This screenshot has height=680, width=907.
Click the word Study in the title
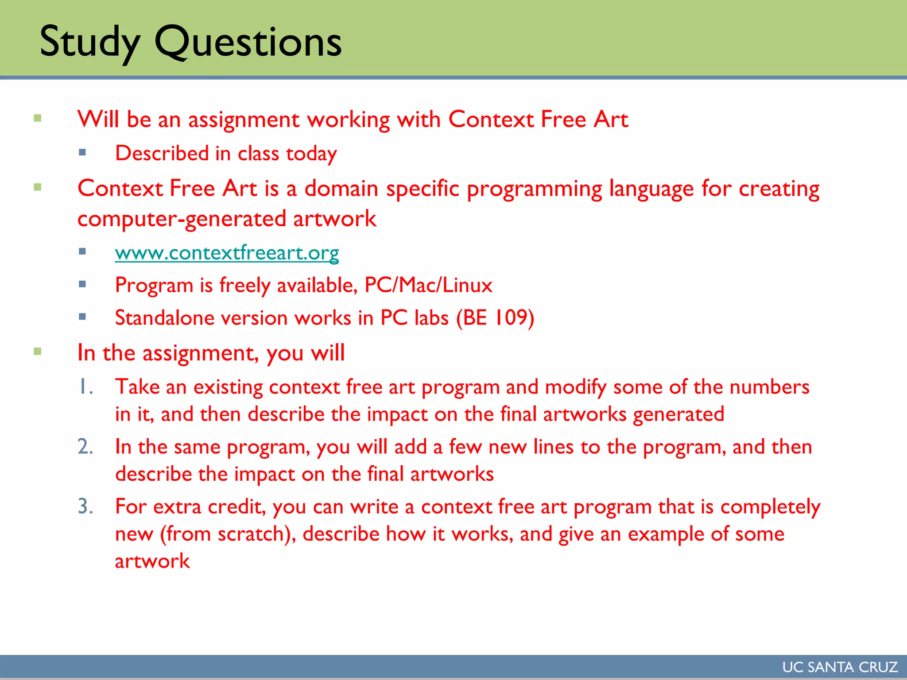point(90,42)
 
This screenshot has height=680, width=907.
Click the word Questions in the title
point(248,42)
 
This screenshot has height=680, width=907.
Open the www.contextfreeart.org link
point(227,253)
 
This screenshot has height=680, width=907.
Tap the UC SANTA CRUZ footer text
point(840,667)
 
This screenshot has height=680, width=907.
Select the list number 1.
point(85,387)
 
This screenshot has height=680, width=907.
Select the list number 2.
point(85,447)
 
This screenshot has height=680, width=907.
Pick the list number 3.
point(85,506)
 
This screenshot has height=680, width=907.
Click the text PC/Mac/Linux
point(428,285)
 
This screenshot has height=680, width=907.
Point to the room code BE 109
point(496,318)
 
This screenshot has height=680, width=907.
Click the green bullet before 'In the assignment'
point(38,352)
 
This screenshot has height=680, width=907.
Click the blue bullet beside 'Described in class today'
point(82,153)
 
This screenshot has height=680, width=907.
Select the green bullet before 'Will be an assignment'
point(38,118)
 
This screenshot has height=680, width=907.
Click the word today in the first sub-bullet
point(311,154)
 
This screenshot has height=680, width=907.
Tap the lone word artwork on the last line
point(152,561)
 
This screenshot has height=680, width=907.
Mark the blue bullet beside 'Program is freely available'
point(82,284)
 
